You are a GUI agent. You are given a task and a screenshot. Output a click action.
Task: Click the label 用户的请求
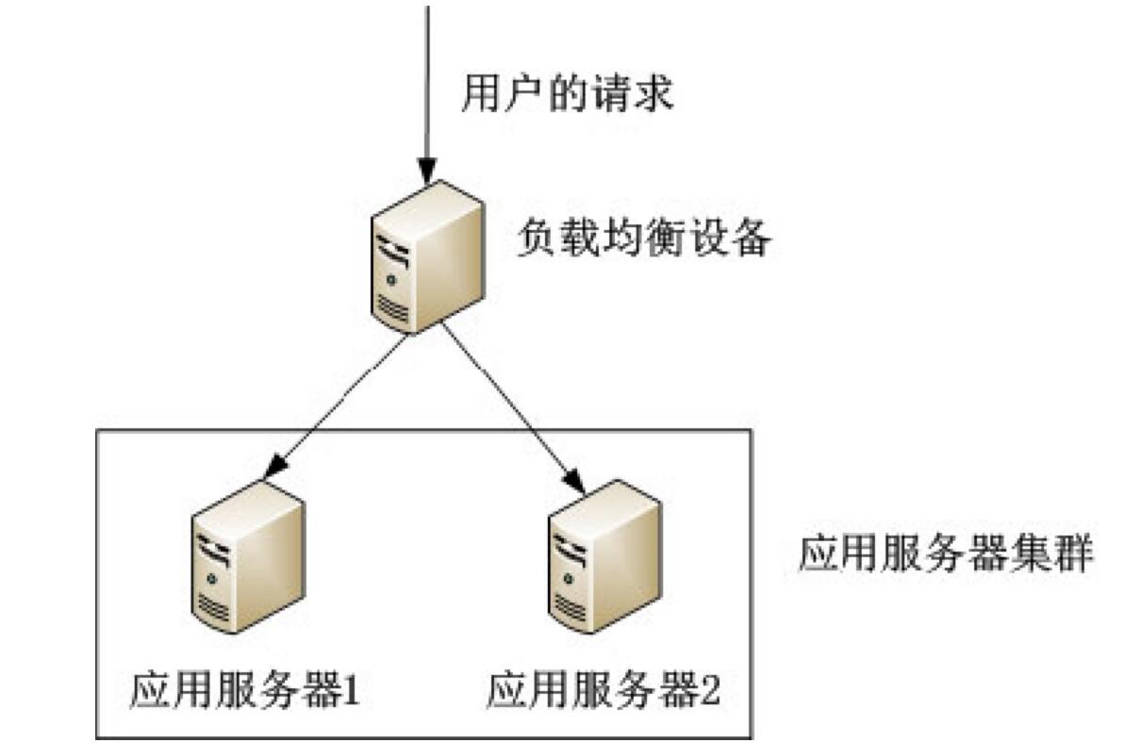[567, 96]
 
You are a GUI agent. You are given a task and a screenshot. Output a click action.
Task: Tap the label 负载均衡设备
[644, 240]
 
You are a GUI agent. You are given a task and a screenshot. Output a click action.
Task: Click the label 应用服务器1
[243, 694]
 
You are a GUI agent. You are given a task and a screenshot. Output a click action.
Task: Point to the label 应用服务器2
[603, 694]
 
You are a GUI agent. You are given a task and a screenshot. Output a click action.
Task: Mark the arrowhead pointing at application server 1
[274, 466]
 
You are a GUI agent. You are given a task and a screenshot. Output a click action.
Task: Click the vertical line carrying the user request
[427, 75]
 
